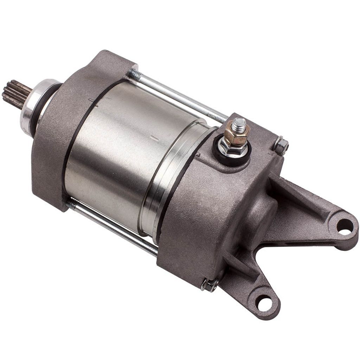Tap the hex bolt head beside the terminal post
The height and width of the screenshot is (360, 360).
tap(281, 145)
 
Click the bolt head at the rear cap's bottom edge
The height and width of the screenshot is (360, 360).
tap(210, 285)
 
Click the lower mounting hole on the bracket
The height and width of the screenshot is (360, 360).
tap(264, 303)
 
